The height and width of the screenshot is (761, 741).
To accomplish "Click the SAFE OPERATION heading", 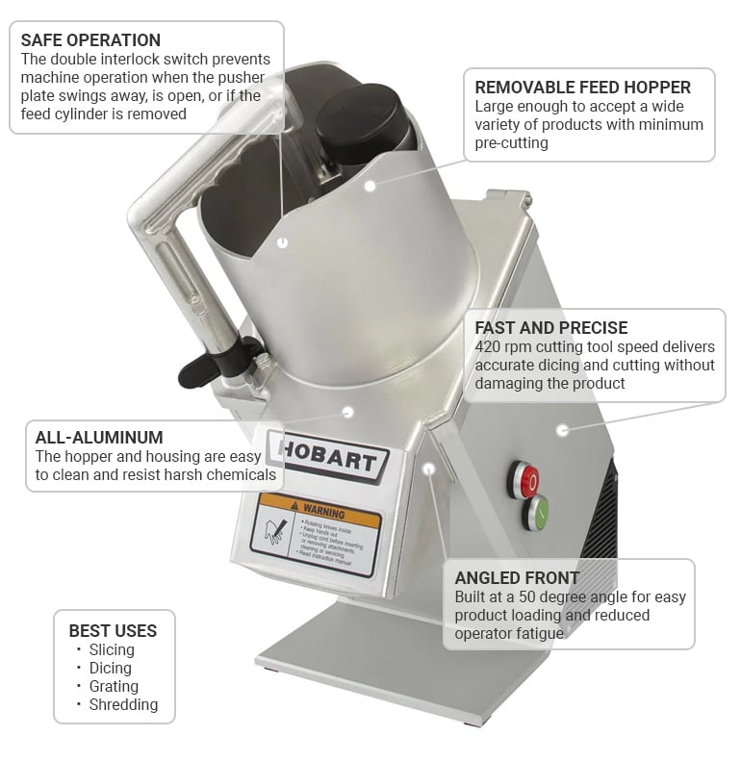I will (x=90, y=40).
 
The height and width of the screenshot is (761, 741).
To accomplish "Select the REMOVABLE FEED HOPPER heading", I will (x=582, y=88).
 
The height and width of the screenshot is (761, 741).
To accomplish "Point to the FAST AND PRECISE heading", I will (x=550, y=328).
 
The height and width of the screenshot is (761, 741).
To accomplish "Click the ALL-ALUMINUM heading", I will (x=99, y=437).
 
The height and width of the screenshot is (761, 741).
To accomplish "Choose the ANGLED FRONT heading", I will (x=517, y=578).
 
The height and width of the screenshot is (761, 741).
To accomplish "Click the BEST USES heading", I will (x=113, y=631).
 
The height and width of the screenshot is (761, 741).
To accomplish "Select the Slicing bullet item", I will (x=111, y=650).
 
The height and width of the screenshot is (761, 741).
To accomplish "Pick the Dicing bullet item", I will (x=110, y=669).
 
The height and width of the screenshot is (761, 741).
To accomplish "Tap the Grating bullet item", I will (x=113, y=687).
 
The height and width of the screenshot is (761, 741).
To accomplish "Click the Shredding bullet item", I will (x=122, y=705).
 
